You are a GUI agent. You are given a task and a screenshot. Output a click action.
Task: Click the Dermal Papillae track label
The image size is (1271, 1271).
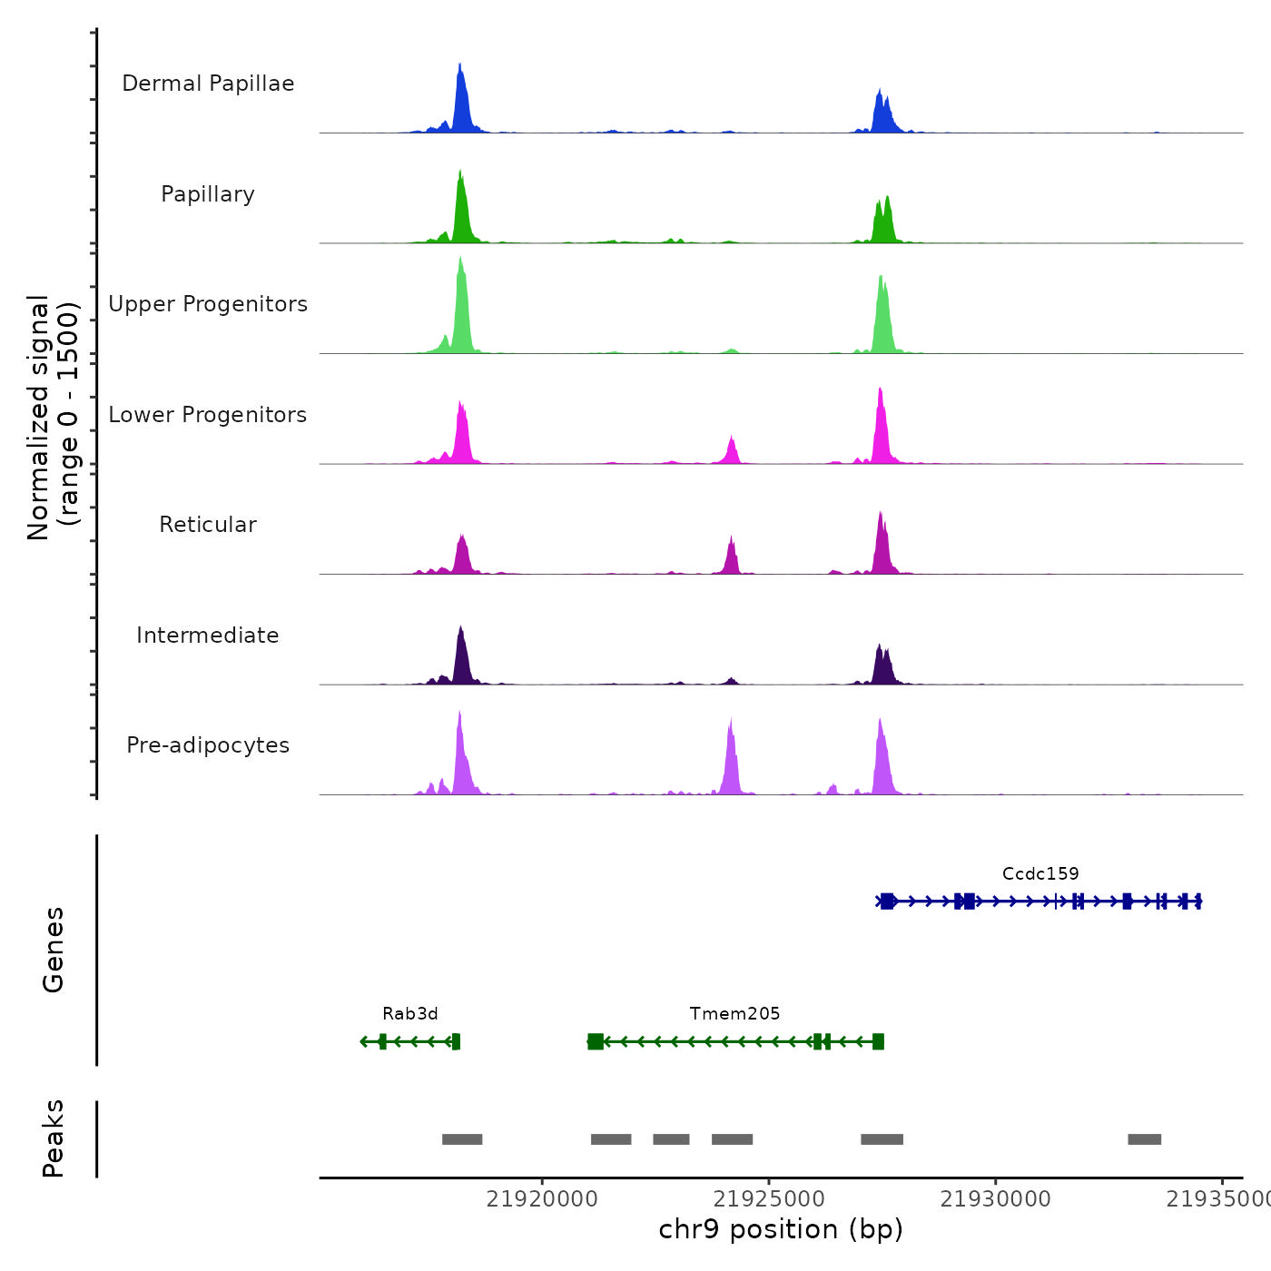coord(208,84)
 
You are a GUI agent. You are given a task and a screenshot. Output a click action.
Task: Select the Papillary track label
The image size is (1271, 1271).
coord(208,194)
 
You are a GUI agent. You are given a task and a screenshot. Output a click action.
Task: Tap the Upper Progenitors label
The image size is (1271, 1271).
coord(208,304)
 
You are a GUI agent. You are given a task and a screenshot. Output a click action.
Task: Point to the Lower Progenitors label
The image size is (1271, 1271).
coord(208,415)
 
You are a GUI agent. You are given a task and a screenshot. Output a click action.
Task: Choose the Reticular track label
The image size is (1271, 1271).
coord(208,525)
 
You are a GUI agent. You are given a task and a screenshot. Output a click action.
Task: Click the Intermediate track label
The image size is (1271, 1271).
coord(208,635)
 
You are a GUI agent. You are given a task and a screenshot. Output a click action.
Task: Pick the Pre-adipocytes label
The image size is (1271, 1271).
coord(208,745)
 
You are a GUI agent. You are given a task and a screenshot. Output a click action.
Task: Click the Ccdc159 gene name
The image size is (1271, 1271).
coord(1040,873)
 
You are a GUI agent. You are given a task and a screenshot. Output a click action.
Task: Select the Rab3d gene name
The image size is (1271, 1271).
coord(410,1013)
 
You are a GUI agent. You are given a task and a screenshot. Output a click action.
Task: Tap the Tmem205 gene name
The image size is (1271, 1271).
coord(734,1013)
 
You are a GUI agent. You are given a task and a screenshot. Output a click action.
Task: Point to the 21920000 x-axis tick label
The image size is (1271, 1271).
coord(542,1199)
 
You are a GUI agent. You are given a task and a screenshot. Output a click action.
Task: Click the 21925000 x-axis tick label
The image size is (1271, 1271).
coord(769,1199)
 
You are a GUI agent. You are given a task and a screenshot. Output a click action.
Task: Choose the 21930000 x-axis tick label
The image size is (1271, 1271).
coord(995,1199)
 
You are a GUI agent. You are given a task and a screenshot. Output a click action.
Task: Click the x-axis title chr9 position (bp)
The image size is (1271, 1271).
coord(781,1229)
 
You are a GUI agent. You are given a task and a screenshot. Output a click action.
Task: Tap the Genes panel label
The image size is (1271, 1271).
coord(54,950)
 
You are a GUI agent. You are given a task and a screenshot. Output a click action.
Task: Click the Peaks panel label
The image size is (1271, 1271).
coord(54,1138)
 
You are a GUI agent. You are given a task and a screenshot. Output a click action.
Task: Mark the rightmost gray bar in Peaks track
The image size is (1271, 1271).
coord(1144,1139)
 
